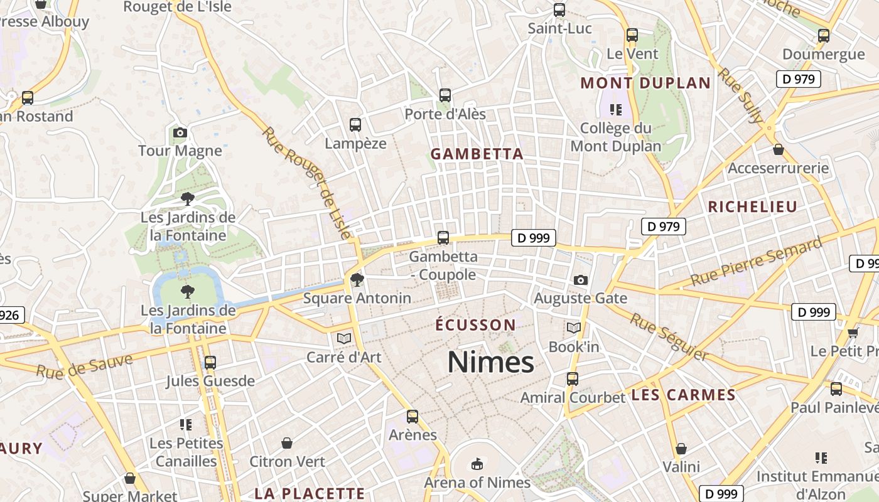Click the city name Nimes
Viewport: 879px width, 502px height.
coord(490,363)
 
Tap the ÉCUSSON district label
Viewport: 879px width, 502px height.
coord(476,325)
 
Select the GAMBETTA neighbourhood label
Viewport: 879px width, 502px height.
coord(477,154)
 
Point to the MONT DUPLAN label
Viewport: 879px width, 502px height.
coord(645,83)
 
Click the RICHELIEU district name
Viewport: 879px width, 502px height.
coord(752,206)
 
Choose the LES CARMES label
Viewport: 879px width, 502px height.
coord(683,395)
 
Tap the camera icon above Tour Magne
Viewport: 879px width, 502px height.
coord(180,132)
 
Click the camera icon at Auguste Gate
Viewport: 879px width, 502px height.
coord(581,280)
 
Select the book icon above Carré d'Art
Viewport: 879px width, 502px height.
coord(343,338)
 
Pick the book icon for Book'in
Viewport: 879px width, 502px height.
coord(574,328)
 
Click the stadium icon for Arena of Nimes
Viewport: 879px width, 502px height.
coord(477,464)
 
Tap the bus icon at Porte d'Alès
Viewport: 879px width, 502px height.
coord(445,95)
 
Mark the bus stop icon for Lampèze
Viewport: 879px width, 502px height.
coord(355,125)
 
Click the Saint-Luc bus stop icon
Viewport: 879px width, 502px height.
coord(559,10)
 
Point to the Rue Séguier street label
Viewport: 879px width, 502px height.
coord(669,336)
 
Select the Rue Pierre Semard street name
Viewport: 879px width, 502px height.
coord(756,262)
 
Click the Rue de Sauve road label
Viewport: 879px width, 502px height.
coord(84,366)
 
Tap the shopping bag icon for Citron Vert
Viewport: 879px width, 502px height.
coord(287,443)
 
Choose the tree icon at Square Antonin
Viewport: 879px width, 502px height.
coord(357,279)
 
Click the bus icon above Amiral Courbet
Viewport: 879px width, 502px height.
coord(573,379)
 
